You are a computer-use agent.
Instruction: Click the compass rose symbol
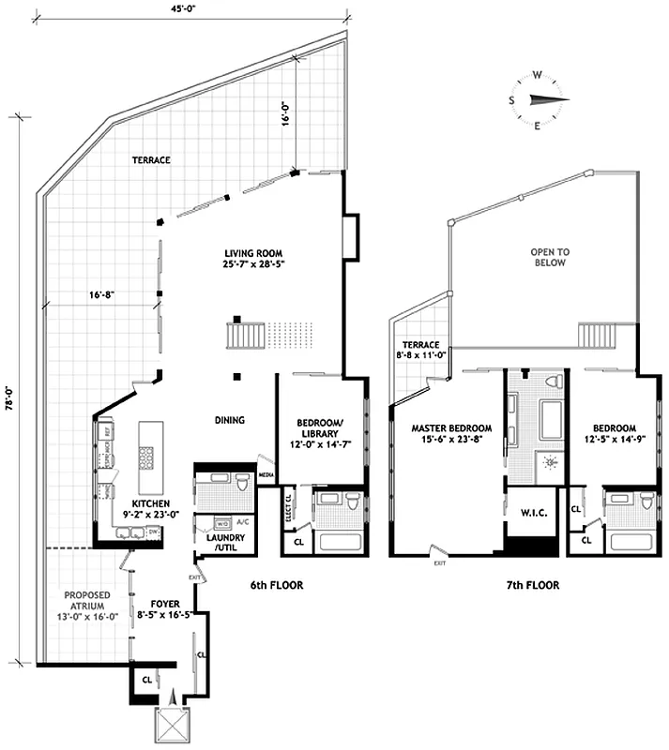pos(539,100)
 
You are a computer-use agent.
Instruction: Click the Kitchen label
pos(150,509)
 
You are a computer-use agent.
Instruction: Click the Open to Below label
pos(551,258)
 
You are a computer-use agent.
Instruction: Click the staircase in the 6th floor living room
pos(244,335)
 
